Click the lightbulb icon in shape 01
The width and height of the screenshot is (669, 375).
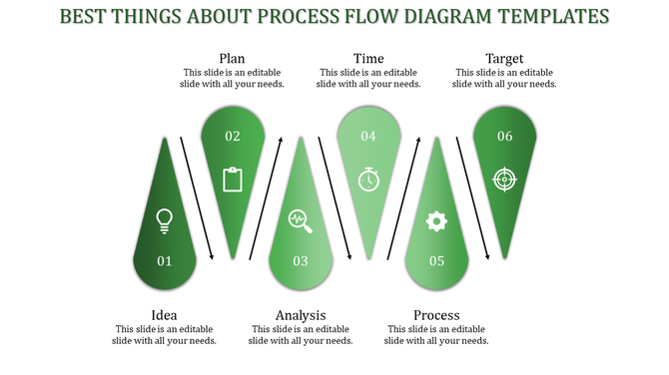click(x=165, y=220)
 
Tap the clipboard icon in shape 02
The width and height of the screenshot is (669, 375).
click(x=233, y=180)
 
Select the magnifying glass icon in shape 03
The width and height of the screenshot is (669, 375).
click(x=300, y=220)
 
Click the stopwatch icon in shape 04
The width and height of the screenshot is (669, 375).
click(x=368, y=179)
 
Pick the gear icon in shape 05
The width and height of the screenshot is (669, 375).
click(x=436, y=220)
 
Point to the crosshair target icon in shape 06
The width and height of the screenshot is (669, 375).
click(x=504, y=179)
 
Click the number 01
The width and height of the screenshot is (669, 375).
click(x=165, y=261)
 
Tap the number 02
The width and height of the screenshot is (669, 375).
click(x=233, y=136)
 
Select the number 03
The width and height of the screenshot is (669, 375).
click(x=300, y=261)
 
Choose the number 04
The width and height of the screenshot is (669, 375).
click(x=368, y=136)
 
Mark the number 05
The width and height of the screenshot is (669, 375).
click(x=436, y=261)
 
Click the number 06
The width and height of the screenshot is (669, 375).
click(x=504, y=136)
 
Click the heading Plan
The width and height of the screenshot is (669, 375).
click(x=233, y=59)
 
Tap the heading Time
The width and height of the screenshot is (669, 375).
click(x=368, y=59)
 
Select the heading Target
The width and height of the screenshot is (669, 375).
click(x=504, y=59)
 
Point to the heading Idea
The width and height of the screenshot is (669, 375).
click(x=165, y=315)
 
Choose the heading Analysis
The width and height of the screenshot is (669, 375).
click(x=301, y=315)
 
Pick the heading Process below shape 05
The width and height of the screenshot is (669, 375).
click(x=436, y=315)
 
